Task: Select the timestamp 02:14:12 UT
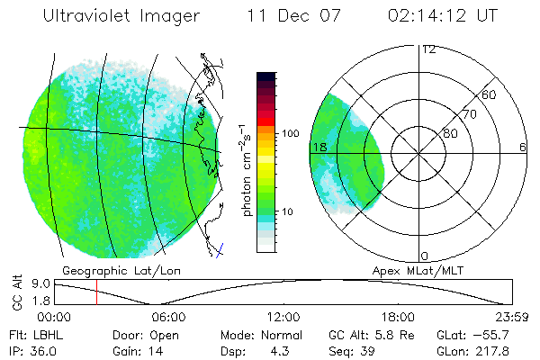tap(442, 16)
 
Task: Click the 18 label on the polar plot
tap(318, 147)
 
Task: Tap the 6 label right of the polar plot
tap(523, 147)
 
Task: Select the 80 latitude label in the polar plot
tap(448, 133)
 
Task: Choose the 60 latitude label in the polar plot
tap(490, 94)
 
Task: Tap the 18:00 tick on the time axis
tap(398, 317)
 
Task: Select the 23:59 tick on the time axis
tap(512, 317)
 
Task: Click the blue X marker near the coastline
tap(220, 247)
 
